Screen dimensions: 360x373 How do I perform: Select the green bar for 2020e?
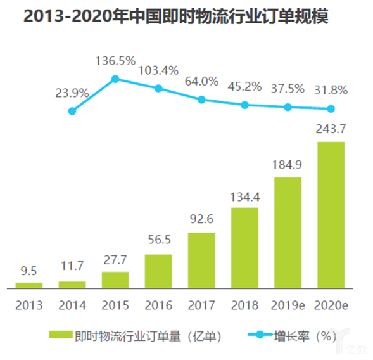pos(331,215)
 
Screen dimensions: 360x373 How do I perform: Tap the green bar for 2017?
pos(201,260)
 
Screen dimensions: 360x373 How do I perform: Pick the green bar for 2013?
pos(29,285)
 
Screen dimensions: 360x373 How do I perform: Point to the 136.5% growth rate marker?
pos(115,79)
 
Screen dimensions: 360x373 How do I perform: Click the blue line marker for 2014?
pos(72,111)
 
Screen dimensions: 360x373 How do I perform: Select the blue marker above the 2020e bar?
pos(331,109)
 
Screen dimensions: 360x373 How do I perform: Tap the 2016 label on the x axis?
pos(158,305)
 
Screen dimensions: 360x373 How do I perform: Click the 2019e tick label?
pos(288,305)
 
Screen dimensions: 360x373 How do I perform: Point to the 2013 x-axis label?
pos(29,305)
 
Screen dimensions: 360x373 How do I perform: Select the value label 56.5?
pos(158,243)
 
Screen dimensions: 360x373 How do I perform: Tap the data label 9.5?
pos(29,271)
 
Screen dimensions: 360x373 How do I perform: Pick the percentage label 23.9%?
pos(72,92)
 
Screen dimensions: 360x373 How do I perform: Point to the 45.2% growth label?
pos(244,86)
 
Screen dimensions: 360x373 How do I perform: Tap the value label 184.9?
pos(288,166)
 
